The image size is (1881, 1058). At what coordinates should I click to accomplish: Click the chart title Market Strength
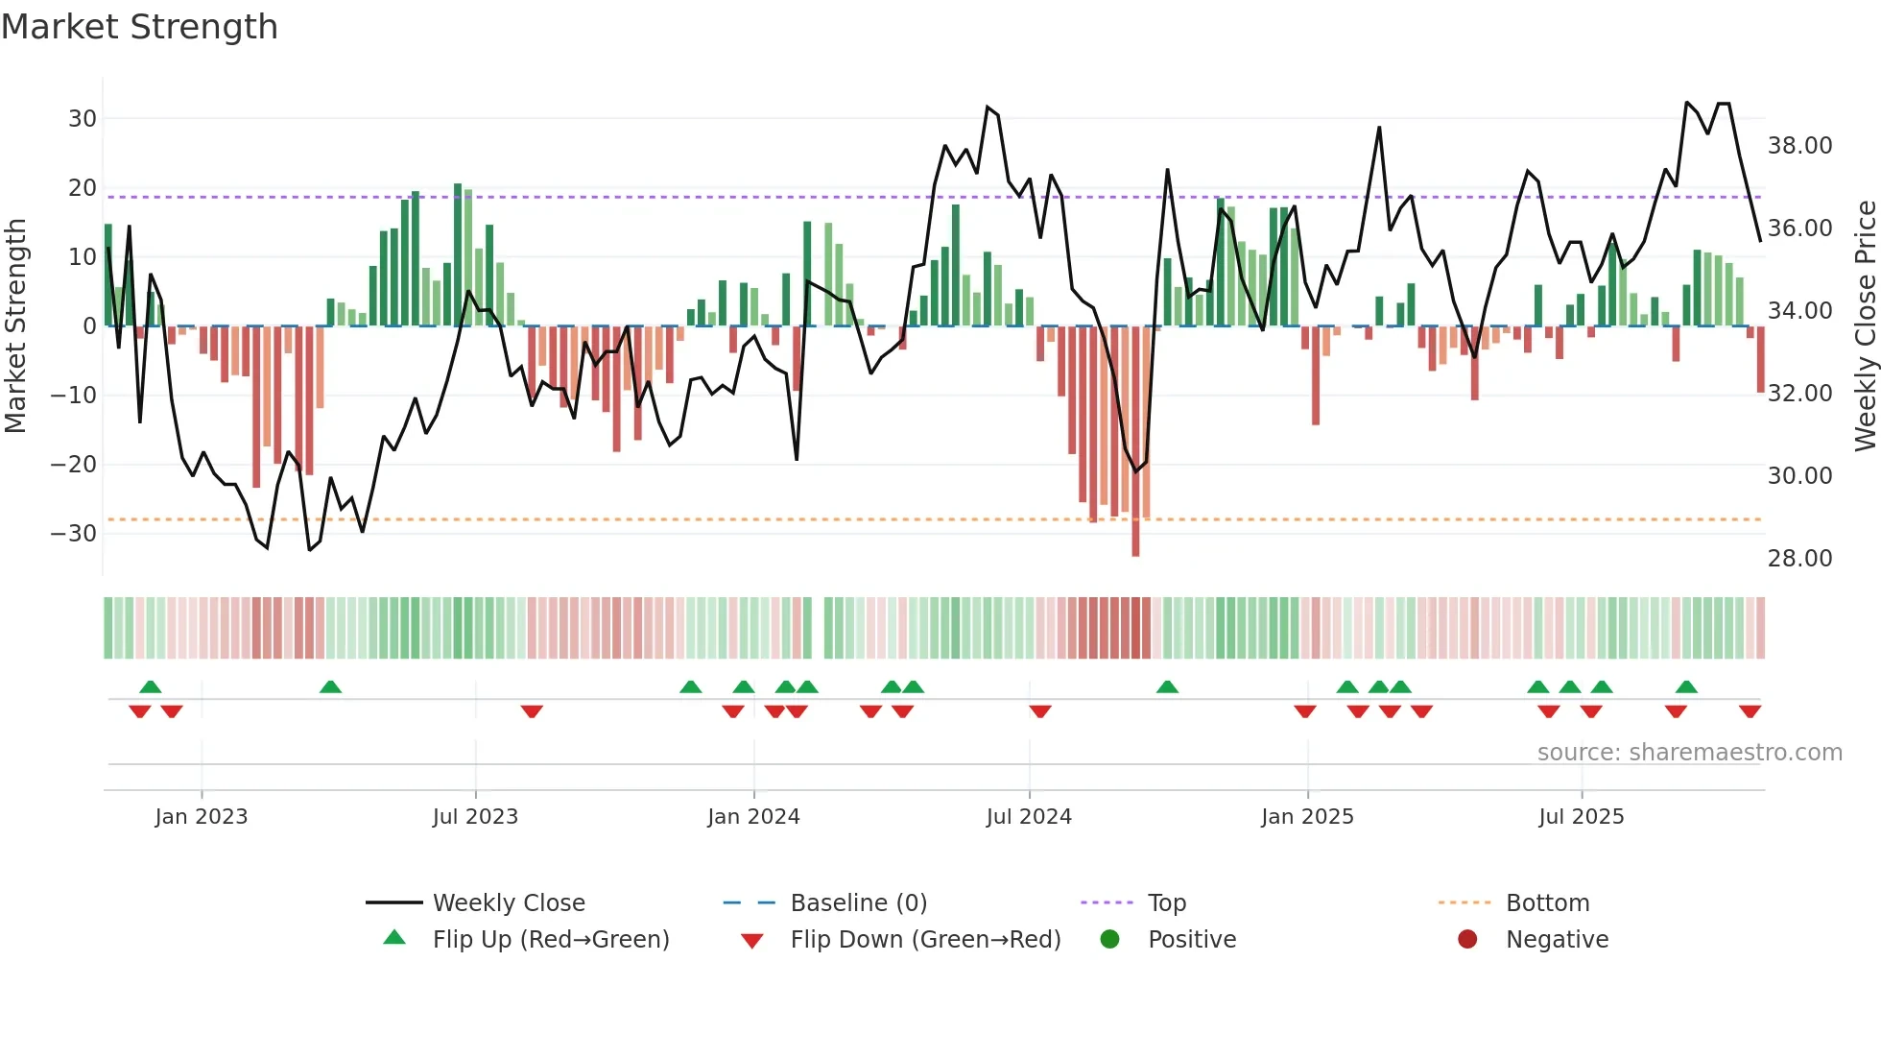click(139, 27)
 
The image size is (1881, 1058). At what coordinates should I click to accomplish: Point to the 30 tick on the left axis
click(83, 119)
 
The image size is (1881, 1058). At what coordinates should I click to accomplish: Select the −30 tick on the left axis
click(74, 534)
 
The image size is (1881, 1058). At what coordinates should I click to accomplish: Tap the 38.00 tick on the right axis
click(1799, 146)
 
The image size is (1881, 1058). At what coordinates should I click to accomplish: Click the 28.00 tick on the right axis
click(1799, 559)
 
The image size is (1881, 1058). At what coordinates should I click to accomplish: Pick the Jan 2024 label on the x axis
click(753, 817)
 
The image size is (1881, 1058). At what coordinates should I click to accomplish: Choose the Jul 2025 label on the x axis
click(1581, 817)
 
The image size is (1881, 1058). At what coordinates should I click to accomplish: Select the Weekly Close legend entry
click(508, 903)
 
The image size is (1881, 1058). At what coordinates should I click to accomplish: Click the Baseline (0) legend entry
click(858, 903)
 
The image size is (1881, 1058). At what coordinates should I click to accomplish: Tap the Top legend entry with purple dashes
click(1166, 903)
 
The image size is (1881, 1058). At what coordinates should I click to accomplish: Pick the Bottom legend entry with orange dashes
click(1547, 903)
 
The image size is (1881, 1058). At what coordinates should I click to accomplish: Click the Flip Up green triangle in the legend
click(394, 938)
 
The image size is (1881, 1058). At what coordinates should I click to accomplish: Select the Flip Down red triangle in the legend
click(752, 941)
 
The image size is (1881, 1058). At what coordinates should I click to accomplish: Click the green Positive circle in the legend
click(1109, 939)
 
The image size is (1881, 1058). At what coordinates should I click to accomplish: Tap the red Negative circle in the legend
click(1467, 939)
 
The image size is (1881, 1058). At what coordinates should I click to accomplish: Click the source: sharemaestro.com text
click(1689, 753)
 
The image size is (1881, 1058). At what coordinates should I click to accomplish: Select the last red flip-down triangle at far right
click(1750, 711)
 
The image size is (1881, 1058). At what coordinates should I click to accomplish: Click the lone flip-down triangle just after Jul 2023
click(532, 711)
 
